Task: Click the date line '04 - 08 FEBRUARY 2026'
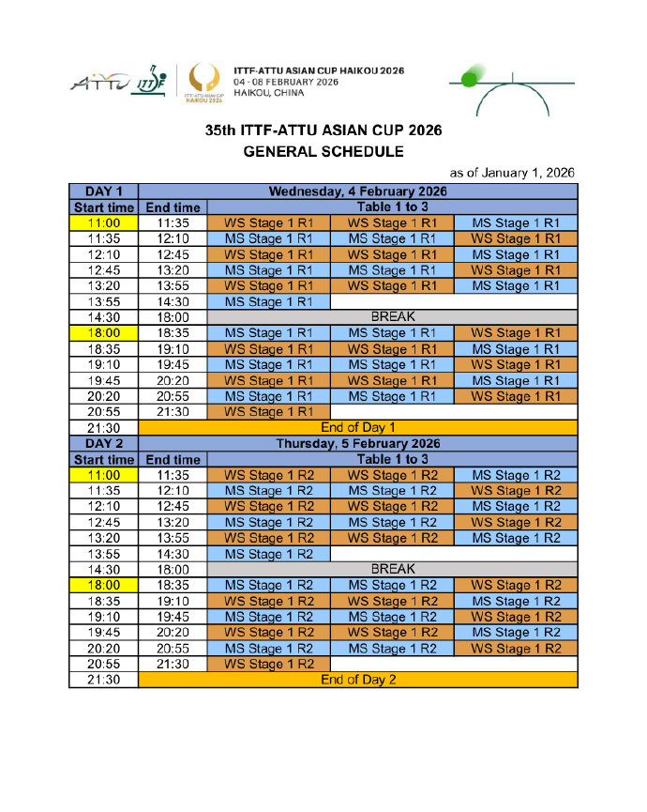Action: [x=286, y=82]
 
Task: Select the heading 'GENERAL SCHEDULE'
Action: [x=323, y=150]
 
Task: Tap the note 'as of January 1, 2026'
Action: [x=512, y=173]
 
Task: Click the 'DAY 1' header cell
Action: [x=103, y=192]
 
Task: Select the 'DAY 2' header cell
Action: [x=103, y=443]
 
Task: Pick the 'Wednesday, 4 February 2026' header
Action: [x=357, y=192]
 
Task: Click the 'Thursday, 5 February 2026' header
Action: [x=357, y=443]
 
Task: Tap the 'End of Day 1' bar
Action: [x=357, y=427]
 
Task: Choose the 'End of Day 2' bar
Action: [x=357, y=680]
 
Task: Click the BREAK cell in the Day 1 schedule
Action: [x=392, y=317]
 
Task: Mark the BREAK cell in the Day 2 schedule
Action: [x=392, y=569]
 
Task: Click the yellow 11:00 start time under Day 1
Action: [x=103, y=223]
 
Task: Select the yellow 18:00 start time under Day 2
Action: [x=103, y=585]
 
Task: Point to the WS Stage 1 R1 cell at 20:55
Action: [x=268, y=412]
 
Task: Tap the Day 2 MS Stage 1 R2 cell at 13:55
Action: [x=268, y=554]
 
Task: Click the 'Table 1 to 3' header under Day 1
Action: [x=392, y=207]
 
